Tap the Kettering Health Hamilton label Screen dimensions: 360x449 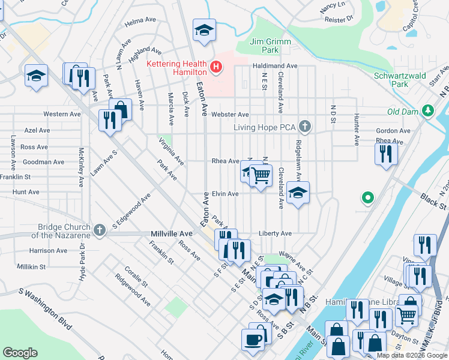pos(178,67)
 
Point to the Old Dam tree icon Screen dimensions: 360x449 pos(427,110)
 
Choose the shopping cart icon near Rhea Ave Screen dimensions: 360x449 pos(261,176)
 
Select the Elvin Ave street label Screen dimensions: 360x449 pos(225,194)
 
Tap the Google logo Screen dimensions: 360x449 pos(20,353)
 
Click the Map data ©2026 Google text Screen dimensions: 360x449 pos(411,355)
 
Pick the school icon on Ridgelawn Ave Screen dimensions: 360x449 pos(297,193)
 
